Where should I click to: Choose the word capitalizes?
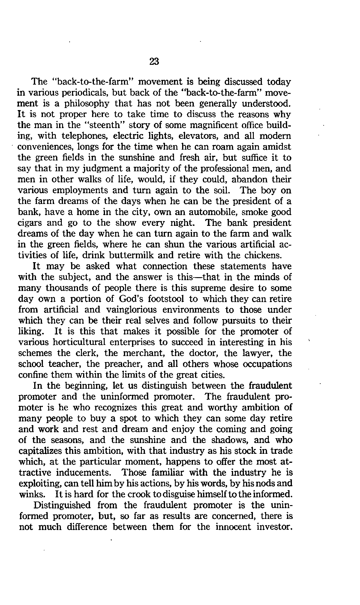[41, 451]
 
